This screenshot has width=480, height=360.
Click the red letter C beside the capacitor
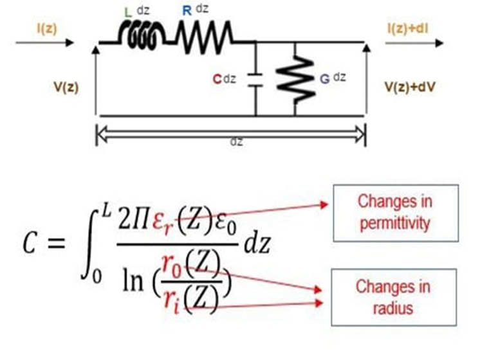point(217,80)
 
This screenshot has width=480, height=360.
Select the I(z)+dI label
point(410,29)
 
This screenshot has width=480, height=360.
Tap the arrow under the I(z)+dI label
point(414,43)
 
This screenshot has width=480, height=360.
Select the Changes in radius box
point(394,297)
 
